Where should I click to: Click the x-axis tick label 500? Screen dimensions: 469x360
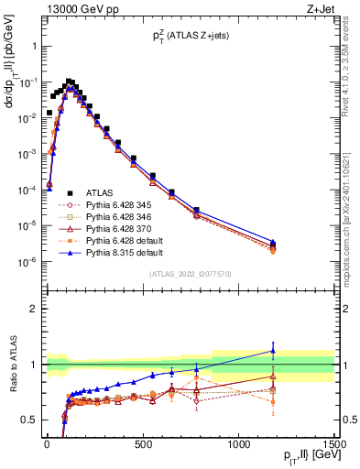[143, 445]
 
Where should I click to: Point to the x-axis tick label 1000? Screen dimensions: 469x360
[238, 445]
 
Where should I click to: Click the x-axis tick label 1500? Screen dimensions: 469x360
[334, 445]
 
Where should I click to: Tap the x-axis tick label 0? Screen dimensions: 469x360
[47, 445]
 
